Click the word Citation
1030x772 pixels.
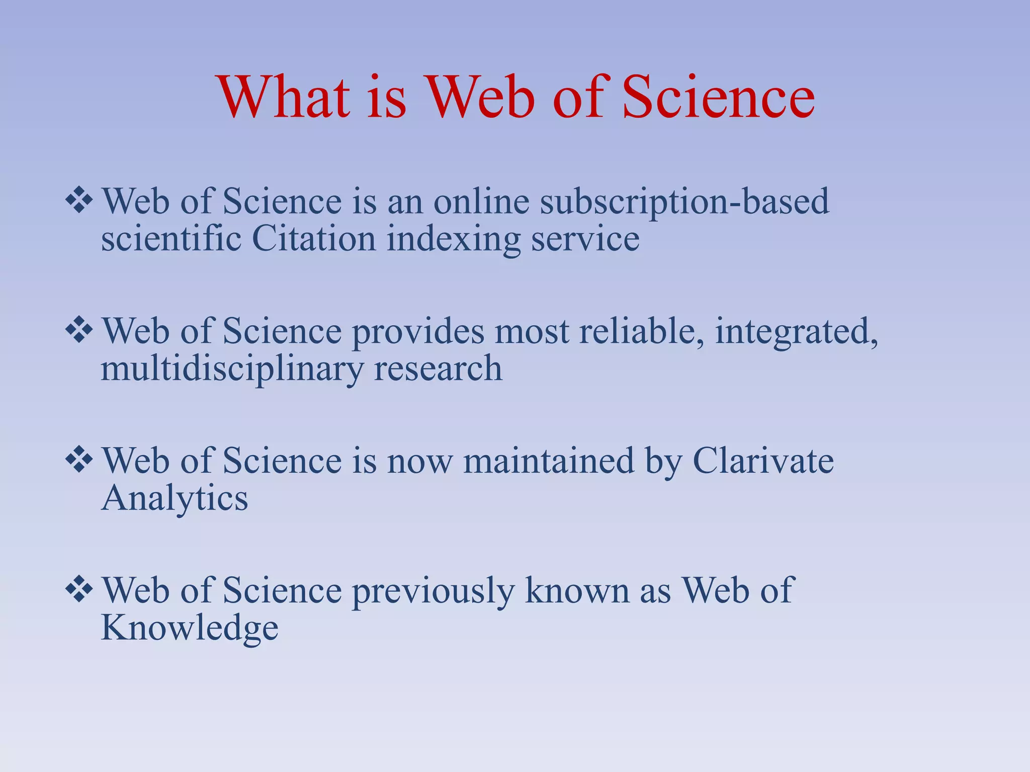coord(314,238)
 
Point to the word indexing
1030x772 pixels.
coord(453,239)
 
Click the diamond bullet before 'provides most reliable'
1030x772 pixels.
coord(79,331)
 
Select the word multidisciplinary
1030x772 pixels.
coord(231,369)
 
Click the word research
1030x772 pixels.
coord(438,369)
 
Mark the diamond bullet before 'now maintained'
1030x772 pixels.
coord(79,460)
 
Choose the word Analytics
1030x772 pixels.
coord(175,499)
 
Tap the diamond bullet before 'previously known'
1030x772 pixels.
coord(79,590)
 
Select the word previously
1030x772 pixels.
coord(433,591)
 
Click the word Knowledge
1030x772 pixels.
coord(190,628)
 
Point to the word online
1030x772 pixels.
coord(481,201)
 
